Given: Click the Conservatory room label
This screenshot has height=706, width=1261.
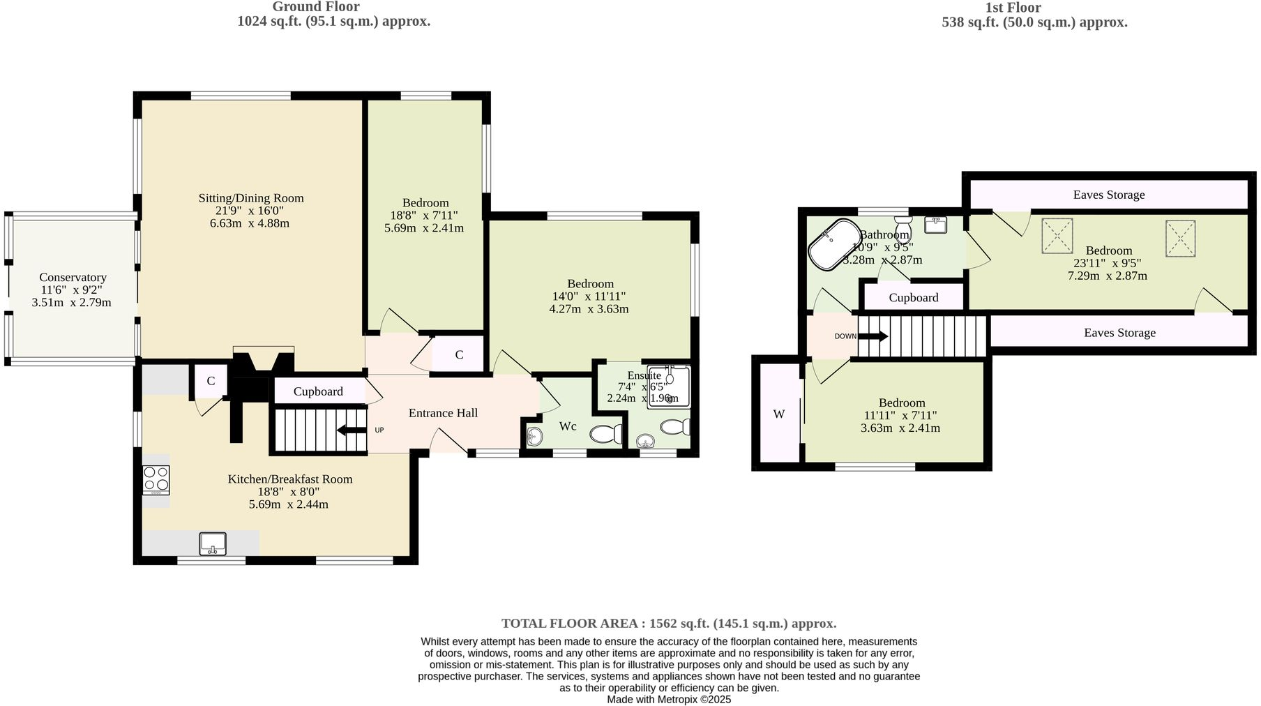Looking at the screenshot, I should click(73, 278).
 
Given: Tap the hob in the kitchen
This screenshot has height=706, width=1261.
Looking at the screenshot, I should click(156, 479).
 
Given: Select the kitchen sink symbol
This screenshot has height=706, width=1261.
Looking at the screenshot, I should click(213, 543).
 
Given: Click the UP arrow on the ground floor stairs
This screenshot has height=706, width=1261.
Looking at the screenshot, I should click(352, 430).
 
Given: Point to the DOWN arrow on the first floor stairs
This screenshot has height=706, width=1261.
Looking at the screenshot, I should click(873, 336).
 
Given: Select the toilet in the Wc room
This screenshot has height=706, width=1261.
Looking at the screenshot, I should click(606, 435).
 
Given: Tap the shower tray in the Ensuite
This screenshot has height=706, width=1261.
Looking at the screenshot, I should click(668, 386).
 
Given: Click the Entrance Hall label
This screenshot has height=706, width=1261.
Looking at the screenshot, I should click(443, 413).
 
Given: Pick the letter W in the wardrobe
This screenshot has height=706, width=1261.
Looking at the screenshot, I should click(779, 414).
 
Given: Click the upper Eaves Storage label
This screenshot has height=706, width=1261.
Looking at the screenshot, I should click(1108, 195).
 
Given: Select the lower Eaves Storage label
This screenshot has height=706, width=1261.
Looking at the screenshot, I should click(1119, 333).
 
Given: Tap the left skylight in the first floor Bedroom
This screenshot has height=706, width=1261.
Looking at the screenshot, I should click(1057, 236).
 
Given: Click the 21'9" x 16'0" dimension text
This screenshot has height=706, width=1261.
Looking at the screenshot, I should click(250, 211).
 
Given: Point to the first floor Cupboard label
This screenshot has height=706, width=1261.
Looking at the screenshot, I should click(913, 298).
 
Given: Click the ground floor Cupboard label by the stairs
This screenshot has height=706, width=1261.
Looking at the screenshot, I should click(318, 391).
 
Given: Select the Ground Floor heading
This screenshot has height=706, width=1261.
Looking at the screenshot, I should click(316, 7).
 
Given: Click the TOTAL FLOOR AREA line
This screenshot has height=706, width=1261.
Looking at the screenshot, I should click(668, 624).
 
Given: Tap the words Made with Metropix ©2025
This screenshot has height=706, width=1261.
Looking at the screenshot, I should click(668, 699).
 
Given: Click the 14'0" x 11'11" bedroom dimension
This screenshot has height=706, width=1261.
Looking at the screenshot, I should click(589, 296).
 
